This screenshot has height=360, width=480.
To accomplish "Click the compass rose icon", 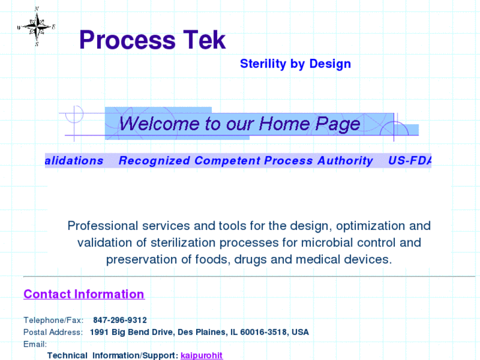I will tap(36, 26).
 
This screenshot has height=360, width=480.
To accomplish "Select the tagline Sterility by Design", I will tap(295, 64).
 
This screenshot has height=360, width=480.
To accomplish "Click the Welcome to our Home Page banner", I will tap(240, 124).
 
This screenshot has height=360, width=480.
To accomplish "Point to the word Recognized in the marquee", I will tap(154, 161).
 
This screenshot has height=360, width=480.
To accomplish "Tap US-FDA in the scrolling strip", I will tap(409, 161).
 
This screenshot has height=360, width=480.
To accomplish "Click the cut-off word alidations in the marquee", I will tap(74, 161).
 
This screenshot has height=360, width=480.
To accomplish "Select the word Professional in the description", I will tap(102, 226).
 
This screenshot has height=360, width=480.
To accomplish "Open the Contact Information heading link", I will tap(84, 294).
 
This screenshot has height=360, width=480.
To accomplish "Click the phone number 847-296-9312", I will tap(120, 320).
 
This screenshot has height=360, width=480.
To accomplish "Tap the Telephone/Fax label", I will tap(53, 320).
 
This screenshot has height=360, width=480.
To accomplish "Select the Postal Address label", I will tap(53, 332).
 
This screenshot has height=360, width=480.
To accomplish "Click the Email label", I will tap(35, 344).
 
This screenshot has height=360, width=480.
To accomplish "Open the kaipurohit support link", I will tap(201, 355).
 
